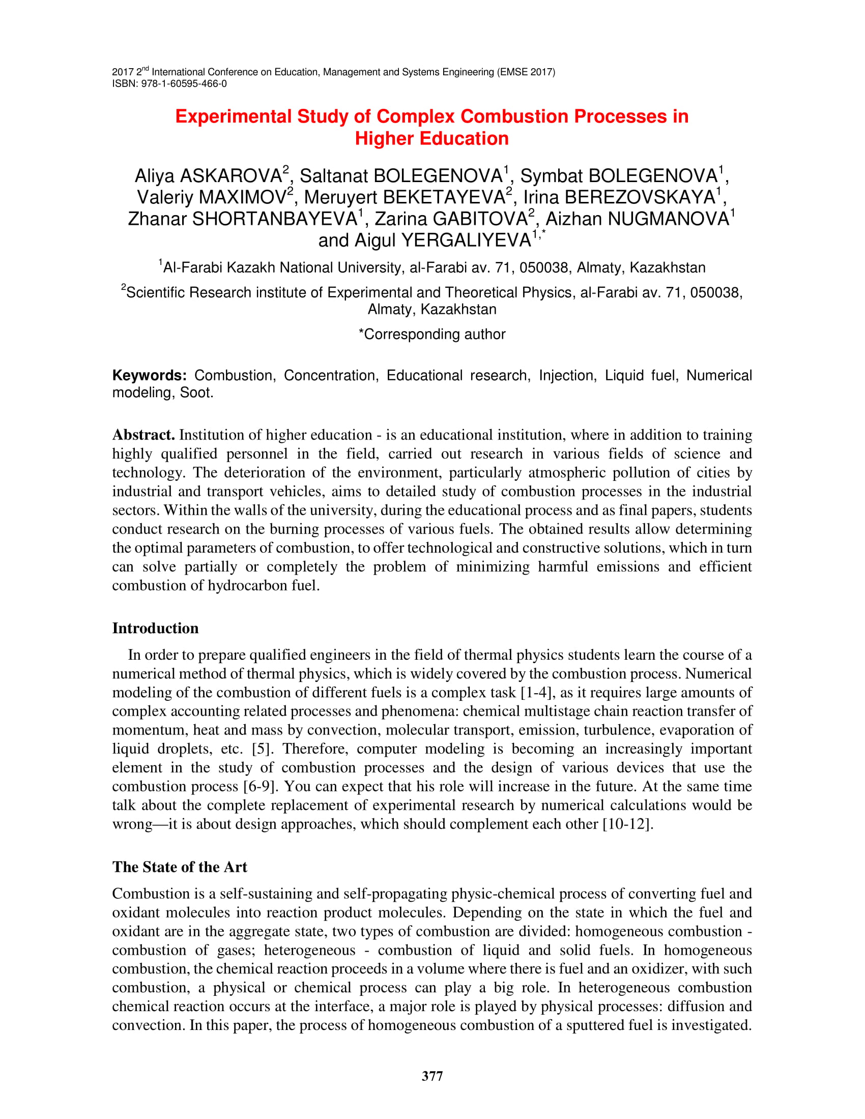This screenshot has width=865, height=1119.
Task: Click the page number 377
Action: tap(432, 1076)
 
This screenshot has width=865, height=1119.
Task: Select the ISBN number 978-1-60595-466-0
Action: tap(184, 83)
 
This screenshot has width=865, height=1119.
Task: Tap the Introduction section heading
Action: tap(155, 628)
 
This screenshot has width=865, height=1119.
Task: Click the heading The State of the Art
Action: tap(179, 867)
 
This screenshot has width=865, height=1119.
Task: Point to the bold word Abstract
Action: tap(143, 435)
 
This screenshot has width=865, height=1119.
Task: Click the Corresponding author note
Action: tap(432, 335)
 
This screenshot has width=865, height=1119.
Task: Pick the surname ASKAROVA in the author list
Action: tap(230, 176)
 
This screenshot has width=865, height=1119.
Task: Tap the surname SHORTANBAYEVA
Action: tap(275, 219)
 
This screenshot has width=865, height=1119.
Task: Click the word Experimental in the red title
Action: tap(233, 117)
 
